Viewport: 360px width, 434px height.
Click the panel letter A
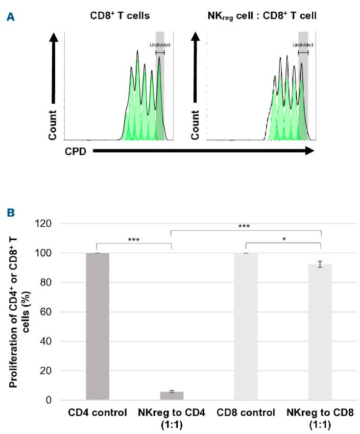(9, 16)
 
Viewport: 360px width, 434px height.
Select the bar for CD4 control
(98, 326)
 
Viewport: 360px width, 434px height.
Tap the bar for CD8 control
(246, 326)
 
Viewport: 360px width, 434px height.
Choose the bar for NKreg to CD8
(320, 332)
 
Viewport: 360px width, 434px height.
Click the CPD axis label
(75, 151)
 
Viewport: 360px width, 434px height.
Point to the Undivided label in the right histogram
(303, 45)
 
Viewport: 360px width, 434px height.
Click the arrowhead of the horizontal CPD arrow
(308, 151)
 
